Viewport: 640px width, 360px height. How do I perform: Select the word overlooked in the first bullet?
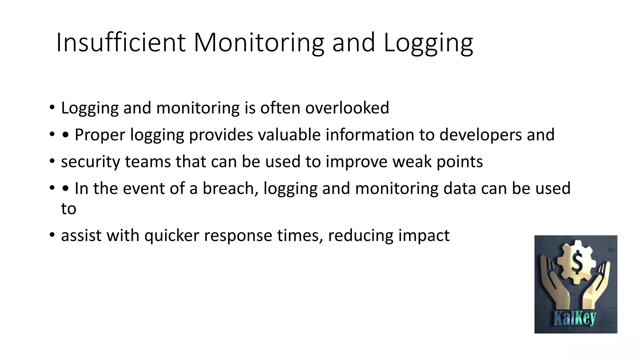coord(347,108)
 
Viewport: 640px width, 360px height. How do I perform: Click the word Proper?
coord(100,135)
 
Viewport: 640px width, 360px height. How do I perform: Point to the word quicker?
coord(172,235)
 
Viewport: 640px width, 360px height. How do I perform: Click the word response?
coord(238,235)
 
